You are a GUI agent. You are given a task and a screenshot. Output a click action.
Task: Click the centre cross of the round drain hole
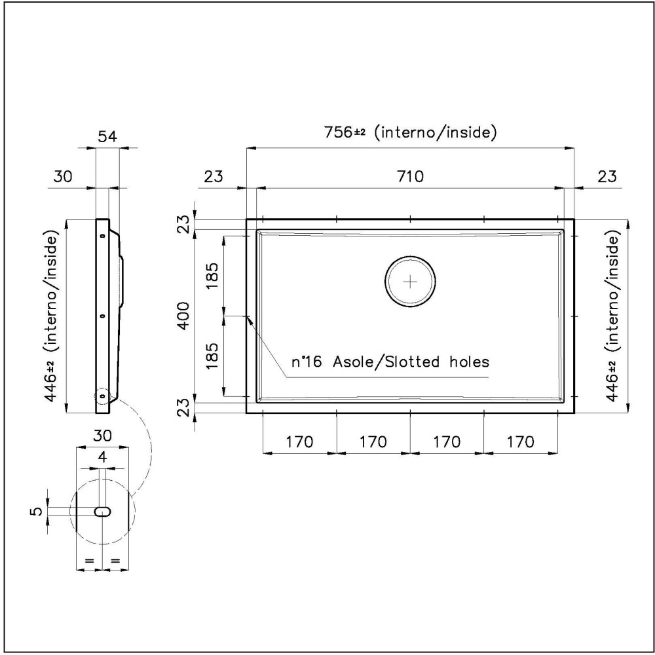coord(410,282)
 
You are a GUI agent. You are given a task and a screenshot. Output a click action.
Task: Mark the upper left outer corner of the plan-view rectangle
coord(246,219)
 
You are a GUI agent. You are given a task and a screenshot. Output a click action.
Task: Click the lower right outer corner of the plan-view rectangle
coord(574,413)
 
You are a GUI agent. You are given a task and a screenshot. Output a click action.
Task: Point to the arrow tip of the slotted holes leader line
coord(246,316)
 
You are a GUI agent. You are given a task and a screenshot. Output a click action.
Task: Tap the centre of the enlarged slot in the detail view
coord(102,512)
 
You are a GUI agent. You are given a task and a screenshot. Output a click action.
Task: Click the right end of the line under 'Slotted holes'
coord(489,377)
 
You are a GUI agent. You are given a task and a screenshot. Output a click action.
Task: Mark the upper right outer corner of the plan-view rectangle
coord(574,219)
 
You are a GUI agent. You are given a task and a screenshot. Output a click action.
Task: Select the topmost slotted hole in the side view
coord(102,236)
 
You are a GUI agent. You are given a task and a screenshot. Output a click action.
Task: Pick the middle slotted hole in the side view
coord(102,316)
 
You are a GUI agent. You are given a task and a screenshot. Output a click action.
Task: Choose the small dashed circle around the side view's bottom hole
coord(102,396)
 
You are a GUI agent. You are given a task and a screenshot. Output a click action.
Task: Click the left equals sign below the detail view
coord(89,560)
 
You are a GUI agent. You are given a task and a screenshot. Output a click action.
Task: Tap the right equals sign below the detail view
coord(116,560)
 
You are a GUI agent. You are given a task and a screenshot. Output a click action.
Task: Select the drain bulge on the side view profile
coord(122,281)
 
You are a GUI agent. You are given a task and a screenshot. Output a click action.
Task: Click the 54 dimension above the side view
coord(107,137)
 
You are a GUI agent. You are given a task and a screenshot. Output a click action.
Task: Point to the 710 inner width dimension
coord(410,177)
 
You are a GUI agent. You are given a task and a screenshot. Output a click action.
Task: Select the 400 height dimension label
coord(184,316)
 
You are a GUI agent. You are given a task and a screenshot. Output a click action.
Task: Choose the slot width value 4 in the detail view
coord(102,457)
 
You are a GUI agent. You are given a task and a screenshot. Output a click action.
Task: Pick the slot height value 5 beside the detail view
coord(37,512)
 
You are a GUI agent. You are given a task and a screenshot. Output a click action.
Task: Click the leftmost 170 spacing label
coord(299,441)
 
